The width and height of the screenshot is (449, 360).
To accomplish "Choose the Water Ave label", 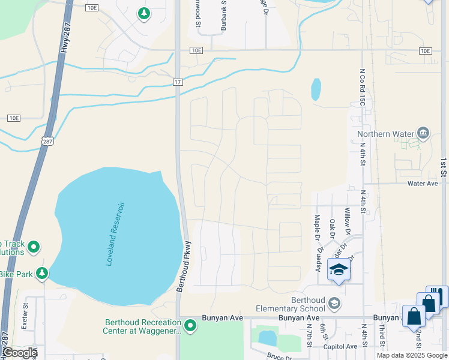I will click(423, 184).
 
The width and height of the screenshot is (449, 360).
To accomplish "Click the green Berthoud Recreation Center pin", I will click(190, 326).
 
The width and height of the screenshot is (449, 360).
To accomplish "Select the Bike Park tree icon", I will click(42, 274).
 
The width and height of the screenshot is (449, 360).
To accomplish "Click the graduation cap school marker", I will click(339, 271).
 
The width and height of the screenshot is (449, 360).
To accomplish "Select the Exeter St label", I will click(26, 314).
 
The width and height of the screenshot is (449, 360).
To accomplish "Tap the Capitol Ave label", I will click(340, 347).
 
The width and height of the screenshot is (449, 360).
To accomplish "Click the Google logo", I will click(20, 353).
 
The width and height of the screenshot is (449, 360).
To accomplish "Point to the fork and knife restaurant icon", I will click(434, 296).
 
